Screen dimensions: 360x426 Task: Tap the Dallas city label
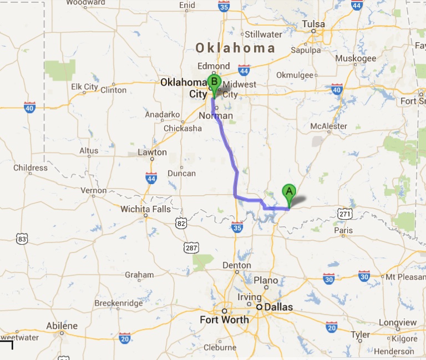click(x=278, y=307)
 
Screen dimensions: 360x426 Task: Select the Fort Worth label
click(x=224, y=320)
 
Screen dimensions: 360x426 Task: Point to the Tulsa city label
click(x=313, y=24)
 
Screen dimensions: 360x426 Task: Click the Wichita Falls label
click(x=146, y=209)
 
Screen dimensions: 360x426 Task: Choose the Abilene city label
click(x=62, y=326)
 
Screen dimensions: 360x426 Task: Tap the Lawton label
click(x=152, y=152)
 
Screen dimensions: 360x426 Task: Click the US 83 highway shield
click(x=22, y=239)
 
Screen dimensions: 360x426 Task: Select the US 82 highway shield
click(x=181, y=222)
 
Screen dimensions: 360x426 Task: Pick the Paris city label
click(x=344, y=230)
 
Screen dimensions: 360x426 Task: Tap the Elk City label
click(x=84, y=87)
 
